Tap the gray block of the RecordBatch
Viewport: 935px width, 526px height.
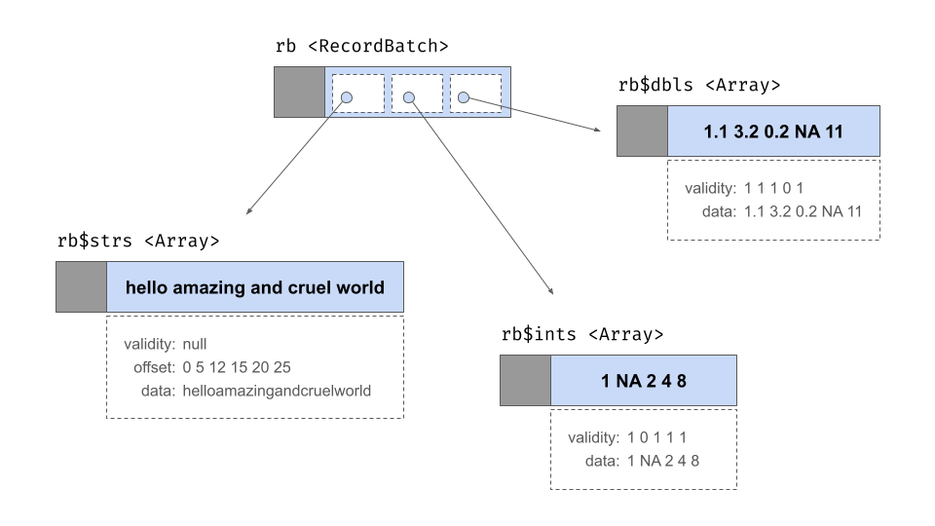point(299,93)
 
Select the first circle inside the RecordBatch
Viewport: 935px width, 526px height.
point(349,97)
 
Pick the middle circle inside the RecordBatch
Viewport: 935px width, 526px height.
point(409,97)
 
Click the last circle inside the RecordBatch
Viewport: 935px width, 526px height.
point(464,97)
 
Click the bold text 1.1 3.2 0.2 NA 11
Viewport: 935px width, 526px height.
point(773,131)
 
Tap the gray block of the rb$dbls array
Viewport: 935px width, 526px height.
point(642,131)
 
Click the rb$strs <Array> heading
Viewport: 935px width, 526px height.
point(138,240)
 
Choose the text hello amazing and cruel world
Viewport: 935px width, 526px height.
point(254,287)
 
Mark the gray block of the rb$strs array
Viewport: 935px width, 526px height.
point(81,287)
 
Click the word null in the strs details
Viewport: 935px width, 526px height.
point(195,344)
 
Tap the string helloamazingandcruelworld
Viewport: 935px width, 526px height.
point(276,391)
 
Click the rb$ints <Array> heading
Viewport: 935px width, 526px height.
point(581,334)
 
